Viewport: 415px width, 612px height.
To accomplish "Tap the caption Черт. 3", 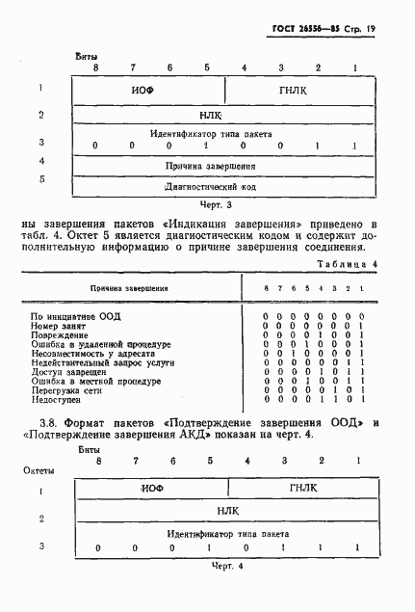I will [217, 205].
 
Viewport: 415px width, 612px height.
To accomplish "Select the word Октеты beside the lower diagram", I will [39, 470].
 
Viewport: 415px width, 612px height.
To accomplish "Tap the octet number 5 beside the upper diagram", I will [41, 178].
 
